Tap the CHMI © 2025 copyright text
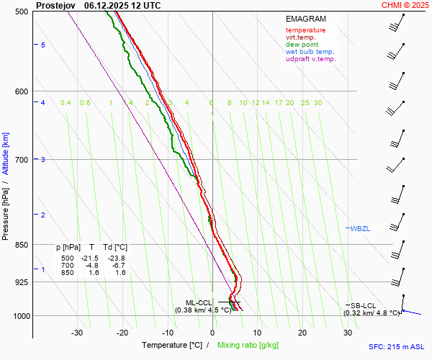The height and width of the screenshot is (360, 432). pyautogui.click(x=405, y=5)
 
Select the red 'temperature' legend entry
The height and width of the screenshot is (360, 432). pyautogui.click(x=305, y=30)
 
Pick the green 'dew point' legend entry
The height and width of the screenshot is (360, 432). pyautogui.click(x=302, y=45)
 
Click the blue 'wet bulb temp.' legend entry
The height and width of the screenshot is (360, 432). pyautogui.click(x=310, y=52)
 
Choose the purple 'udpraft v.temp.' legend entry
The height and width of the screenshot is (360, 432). pyautogui.click(x=310, y=59)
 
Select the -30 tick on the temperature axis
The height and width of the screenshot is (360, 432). pyautogui.click(x=77, y=333)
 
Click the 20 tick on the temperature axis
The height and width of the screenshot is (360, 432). pyautogui.click(x=302, y=333)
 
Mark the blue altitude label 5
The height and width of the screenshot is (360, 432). pyautogui.click(x=43, y=45)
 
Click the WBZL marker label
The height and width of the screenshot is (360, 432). pyautogui.click(x=360, y=228)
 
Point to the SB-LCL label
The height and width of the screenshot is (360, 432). pyautogui.click(x=364, y=306)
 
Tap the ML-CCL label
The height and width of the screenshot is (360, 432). pyautogui.click(x=199, y=302)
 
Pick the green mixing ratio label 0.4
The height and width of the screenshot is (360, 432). pyautogui.click(x=66, y=103)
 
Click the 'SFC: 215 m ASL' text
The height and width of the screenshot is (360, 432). pyautogui.click(x=396, y=346)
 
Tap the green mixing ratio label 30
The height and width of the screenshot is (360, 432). pyautogui.click(x=318, y=103)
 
